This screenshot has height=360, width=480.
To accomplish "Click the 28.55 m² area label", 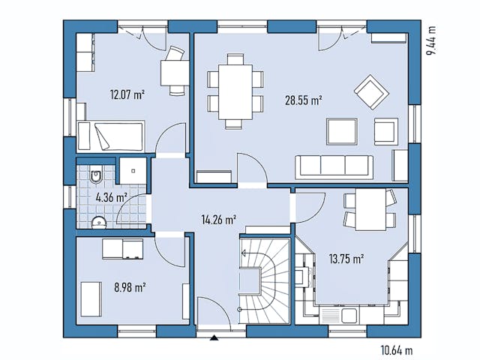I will coord(303,99).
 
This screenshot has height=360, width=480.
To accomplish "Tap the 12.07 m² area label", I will coord(127,94).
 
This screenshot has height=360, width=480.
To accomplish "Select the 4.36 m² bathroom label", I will coord(111,198).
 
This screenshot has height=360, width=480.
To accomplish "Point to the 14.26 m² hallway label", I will coord(220,220).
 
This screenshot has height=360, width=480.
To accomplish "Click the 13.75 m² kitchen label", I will coord(346,259).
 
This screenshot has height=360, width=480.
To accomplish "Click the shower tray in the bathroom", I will coord(133,170).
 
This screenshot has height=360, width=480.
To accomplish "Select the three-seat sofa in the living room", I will coord(334,166).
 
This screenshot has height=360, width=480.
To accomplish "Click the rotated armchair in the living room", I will coord(369,91).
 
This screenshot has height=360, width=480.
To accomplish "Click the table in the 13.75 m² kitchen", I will coord(369,210).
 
